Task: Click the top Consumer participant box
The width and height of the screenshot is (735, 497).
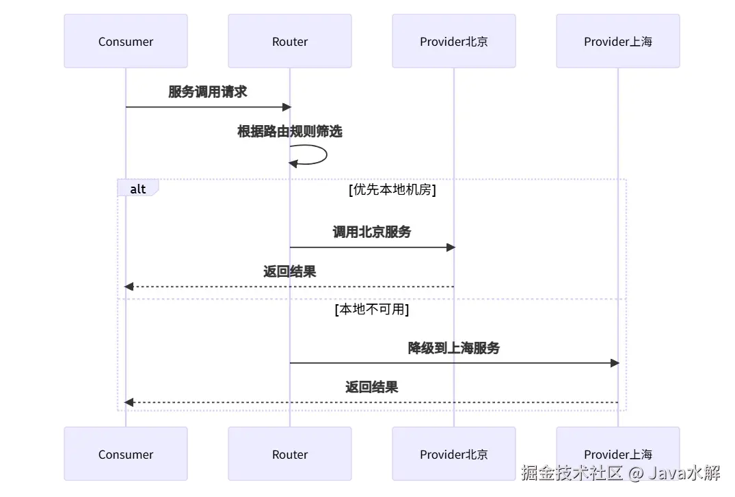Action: tap(126, 42)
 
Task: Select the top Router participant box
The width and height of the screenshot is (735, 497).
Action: tap(290, 42)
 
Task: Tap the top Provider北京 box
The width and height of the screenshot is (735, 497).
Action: tap(454, 42)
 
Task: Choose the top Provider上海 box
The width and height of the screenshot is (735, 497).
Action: tap(618, 42)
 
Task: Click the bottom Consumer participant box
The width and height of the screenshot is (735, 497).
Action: tap(126, 455)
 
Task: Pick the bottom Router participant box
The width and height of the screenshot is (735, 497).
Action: tap(290, 455)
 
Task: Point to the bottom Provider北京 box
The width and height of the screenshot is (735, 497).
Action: tap(454, 455)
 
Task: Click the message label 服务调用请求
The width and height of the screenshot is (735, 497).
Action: tap(208, 92)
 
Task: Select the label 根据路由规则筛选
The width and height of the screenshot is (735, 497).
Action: tap(290, 131)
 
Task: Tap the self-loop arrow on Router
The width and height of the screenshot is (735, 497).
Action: tap(321, 155)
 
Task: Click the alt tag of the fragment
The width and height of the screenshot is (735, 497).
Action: tap(138, 189)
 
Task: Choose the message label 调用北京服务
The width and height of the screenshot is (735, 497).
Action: tap(372, 232)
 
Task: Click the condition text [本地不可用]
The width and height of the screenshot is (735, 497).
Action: tap(372, 309)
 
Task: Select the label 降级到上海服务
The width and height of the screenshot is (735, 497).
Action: tap(454, 348)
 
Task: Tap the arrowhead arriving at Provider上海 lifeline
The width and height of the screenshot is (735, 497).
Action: tap(614, 363)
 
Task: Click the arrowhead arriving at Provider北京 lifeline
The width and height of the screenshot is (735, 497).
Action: tap(450, 247)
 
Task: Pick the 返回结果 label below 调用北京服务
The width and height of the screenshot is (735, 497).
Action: tap(290, 271)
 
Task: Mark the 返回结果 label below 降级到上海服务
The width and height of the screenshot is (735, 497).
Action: tap(372, 387)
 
